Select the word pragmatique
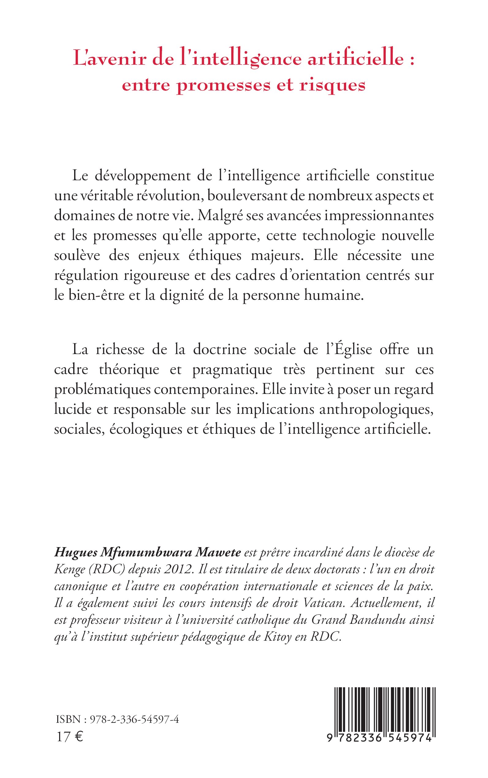tap(232, 370)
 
